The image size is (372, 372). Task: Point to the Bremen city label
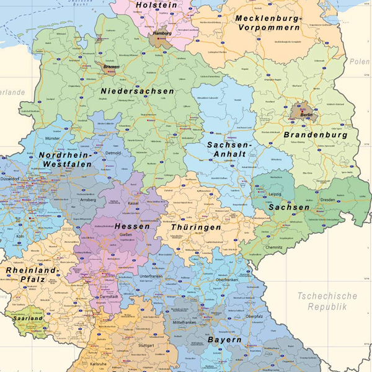point(112,66)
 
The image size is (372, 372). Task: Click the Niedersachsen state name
point(137,91)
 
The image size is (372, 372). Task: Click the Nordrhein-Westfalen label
point(65,159)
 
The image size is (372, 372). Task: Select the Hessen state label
point(132,227)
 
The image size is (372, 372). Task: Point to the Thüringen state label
point(196,228)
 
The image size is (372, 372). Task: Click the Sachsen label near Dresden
point(289,207)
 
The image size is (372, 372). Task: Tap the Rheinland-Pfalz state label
point(32,276)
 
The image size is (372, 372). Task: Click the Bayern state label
point(224,340)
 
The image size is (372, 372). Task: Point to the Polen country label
point(359,62)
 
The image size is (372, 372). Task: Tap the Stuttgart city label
point(146,345)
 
